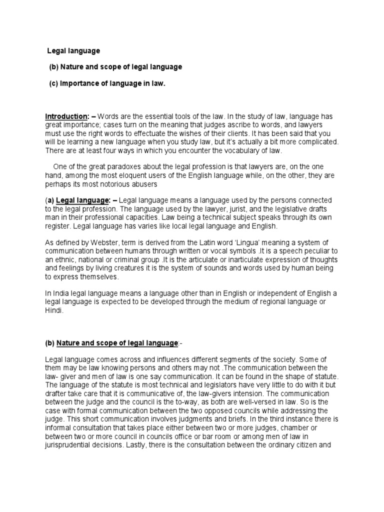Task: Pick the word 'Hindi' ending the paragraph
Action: (x=53, y=310)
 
